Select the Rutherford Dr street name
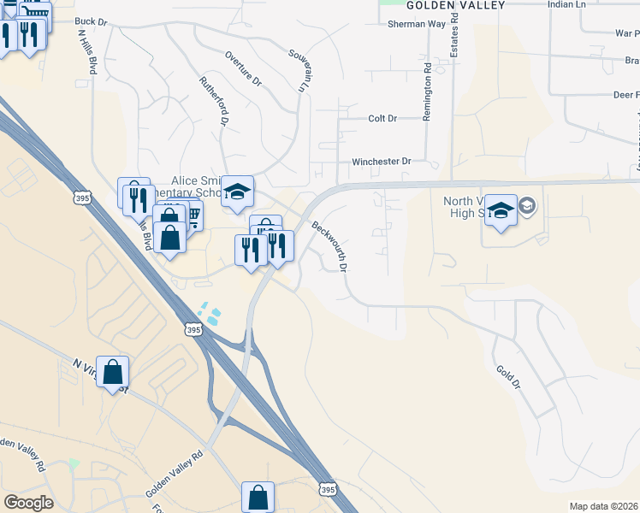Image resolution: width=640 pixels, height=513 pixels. [214, 102]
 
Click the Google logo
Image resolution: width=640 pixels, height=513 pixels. [28, 503]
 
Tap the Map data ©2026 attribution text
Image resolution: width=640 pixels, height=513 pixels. [603, 506]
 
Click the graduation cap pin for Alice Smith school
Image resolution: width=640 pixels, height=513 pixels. [237, 192]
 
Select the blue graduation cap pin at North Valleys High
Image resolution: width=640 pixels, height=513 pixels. [501, 211]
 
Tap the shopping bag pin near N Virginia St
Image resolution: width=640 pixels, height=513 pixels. [112, 373]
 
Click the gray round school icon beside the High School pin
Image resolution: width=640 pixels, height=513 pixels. [527, 205]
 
